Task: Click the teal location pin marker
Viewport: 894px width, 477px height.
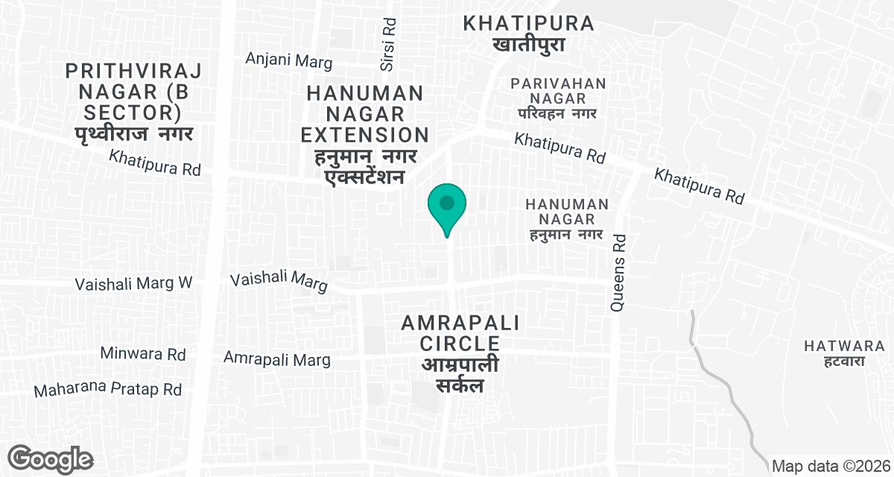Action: click(447, 205)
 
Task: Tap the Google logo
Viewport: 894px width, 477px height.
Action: click(51, 459)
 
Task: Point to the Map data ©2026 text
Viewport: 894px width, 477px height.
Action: click(831, 467)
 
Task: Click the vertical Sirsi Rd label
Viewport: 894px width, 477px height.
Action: click(387, 45)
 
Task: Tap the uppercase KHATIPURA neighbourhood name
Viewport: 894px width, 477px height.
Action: click(529, 23)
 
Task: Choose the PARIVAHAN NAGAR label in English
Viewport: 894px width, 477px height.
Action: click(559, 92)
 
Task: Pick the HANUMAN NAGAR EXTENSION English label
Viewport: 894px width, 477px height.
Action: click(366, 114)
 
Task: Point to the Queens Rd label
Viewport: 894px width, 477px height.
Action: click(618, 272)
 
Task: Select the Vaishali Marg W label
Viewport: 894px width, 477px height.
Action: click(134, 284)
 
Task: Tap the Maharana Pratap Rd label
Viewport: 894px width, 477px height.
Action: click(108, 389)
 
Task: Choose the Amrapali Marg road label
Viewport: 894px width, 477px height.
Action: click(277, 360)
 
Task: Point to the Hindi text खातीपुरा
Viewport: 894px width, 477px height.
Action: click(529, 45)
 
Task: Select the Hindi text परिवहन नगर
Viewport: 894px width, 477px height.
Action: click(559, 113)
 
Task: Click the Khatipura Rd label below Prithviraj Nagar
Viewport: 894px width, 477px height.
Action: click(155, 163)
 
